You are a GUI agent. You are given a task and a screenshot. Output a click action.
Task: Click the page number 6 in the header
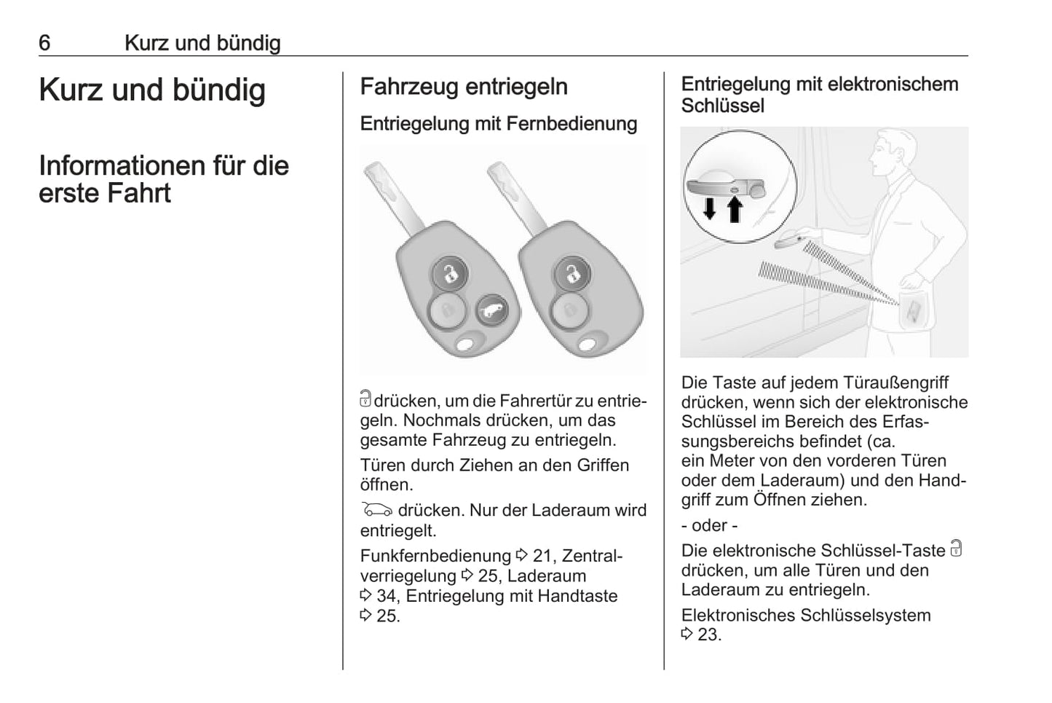coord(44,43)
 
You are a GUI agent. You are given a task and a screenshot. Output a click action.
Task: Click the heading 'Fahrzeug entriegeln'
coord(464,87)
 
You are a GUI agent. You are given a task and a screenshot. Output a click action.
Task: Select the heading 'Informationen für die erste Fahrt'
coord(164,179)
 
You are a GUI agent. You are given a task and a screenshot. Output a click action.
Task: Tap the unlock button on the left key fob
coord(451,274)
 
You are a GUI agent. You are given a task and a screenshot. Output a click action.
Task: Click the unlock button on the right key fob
coord(573,274)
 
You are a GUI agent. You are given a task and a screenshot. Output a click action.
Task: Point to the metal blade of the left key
coord(392,193)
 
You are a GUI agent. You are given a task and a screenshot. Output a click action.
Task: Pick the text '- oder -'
coord(709,525)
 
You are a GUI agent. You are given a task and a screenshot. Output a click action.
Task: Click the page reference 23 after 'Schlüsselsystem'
coord(708,635)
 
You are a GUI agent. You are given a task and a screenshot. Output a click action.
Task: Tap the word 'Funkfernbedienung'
coord(435,557)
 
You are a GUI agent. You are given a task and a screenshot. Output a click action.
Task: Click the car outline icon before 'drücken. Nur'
coord(376,510)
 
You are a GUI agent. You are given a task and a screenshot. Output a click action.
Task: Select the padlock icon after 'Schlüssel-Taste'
coord(957,549)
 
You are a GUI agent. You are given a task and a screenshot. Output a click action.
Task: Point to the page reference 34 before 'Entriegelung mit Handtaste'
coord(386,596)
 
